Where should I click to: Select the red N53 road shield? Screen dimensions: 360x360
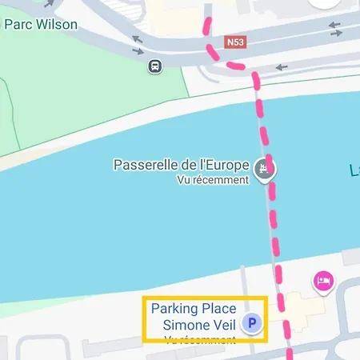(x=234, y=42)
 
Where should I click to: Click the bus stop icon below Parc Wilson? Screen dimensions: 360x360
(x=154, y=66)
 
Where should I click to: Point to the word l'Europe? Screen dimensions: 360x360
(x=224, y=166)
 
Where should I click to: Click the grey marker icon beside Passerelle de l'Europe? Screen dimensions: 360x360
(x=263, y=168)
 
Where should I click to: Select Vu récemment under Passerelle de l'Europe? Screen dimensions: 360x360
(x=213, y=180)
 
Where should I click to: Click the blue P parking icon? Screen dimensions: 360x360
(x=254, y=324)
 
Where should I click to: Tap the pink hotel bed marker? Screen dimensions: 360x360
(x=323, y=281)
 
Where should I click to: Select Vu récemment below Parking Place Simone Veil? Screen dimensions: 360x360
(x=200, y=339)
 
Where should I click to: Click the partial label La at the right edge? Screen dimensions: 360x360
(x=354, y=170)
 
